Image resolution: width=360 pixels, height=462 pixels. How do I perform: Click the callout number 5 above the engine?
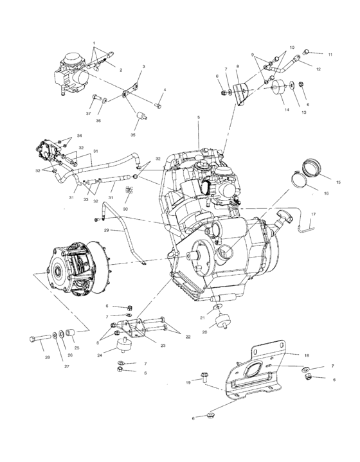198,118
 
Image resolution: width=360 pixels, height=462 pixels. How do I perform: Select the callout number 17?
313,213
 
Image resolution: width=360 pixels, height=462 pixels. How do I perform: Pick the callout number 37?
87,113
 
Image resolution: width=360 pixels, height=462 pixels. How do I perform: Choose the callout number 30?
126,209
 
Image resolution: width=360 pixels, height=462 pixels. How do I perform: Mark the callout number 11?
330,54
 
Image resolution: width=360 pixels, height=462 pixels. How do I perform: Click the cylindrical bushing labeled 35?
139,115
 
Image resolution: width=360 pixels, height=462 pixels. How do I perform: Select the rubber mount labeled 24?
122,348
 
